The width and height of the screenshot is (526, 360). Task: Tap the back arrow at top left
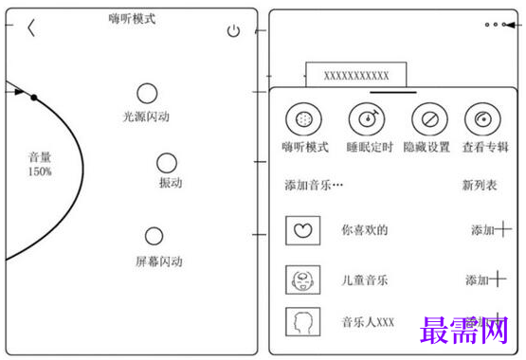[x=31, y=27]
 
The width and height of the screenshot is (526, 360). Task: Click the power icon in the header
[x=234, y=31]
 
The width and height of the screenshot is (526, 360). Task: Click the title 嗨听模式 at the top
[x=133, y=18]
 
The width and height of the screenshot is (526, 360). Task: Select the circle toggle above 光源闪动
[x=147, y=93]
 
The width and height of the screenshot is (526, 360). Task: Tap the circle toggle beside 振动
[x=167, y=163]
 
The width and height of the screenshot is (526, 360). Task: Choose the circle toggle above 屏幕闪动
[x=154, y=236]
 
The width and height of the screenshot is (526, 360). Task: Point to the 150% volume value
[x=40, y=171]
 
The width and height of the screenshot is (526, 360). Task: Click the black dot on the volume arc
[x=34, y=97]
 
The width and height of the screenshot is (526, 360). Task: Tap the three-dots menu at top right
[x=495, y=25]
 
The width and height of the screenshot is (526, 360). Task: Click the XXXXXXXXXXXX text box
[x=355, y=75]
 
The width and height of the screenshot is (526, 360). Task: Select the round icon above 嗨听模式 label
[x=303, y=120]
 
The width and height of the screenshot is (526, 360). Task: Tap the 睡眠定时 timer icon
[x=366, y=120]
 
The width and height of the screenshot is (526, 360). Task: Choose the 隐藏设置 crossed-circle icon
[x=428, y=120]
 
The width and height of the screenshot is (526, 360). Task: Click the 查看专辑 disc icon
[x=482, y=120]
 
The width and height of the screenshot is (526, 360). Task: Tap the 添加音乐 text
[x=314, y=186]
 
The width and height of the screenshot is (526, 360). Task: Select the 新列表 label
[x=480, y=186]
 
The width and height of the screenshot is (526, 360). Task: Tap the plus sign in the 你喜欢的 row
[x=503, y=229]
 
